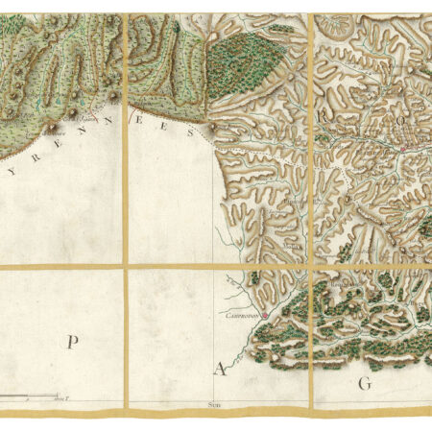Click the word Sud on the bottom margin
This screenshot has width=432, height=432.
[213, 406]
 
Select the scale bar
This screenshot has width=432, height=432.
[38, 396]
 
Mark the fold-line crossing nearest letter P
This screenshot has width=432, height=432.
[126, 267]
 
